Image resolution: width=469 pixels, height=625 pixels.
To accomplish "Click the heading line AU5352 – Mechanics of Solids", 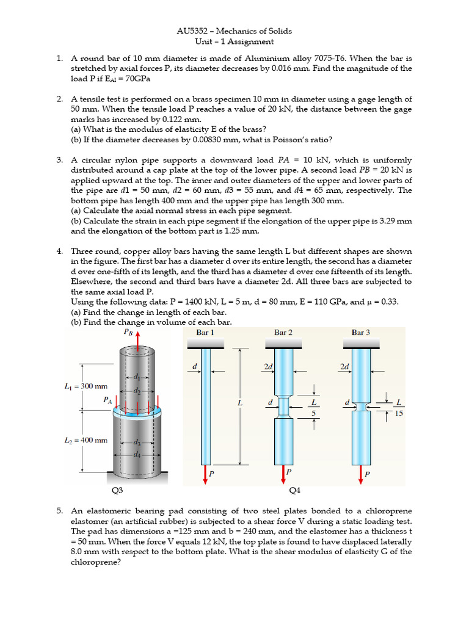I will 234,31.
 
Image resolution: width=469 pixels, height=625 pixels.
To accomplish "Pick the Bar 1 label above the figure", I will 205,333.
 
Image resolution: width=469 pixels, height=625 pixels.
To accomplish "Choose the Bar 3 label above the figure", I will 360,333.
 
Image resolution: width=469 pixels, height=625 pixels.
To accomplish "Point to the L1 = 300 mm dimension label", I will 85,386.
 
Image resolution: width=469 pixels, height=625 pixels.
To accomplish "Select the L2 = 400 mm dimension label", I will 85,439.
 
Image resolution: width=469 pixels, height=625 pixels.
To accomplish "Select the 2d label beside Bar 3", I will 344,367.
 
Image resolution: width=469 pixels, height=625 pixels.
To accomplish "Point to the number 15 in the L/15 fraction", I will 399,414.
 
